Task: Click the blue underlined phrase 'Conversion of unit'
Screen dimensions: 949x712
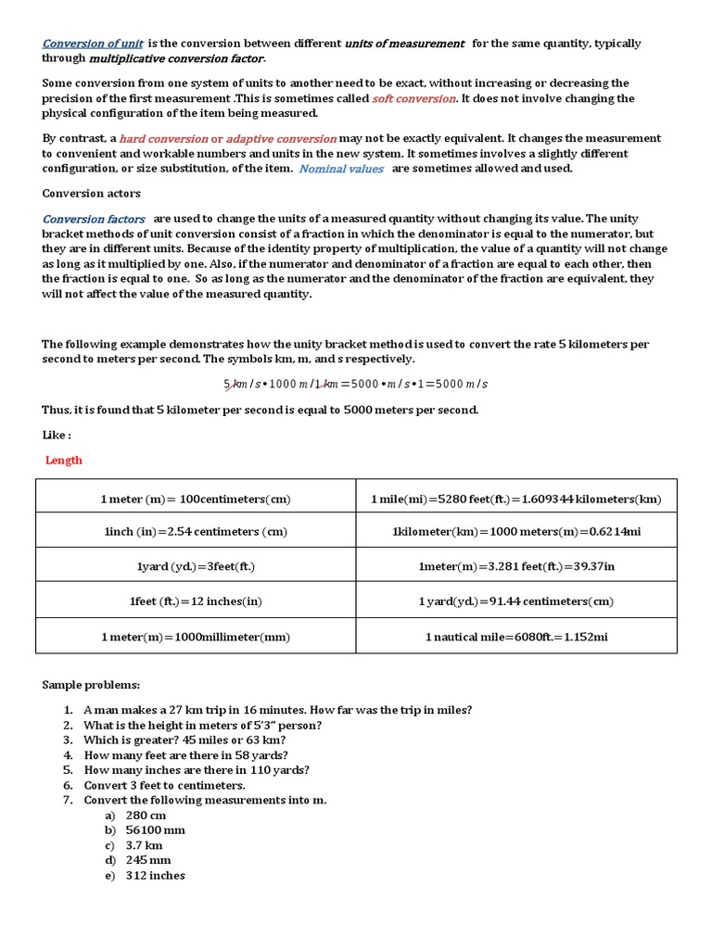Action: pos(93,44)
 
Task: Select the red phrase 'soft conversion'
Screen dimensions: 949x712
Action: pos(413,98)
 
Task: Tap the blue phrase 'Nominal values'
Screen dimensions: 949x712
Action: pos(340,169)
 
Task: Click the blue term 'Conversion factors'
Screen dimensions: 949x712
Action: pos(94,219)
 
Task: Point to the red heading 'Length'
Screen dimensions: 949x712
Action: pos(64,460)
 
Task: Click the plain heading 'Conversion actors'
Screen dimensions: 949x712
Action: pos(91,194)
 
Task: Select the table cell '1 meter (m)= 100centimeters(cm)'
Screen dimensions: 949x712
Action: pos(196,500)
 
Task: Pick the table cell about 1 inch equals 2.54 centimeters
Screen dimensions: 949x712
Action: pos(196,532)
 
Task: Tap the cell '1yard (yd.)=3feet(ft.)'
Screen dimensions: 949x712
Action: pos(196,566)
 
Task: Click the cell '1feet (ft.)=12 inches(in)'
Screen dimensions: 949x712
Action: pos(196,601)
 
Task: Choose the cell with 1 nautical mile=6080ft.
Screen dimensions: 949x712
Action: pos(516,637)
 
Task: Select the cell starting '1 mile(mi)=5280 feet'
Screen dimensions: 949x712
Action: pos(516,500)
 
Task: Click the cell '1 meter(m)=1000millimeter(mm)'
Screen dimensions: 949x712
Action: pos(196,637)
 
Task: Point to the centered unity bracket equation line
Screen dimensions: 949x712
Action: pos(355,384)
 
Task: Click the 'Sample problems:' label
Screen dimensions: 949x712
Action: pos(91,685)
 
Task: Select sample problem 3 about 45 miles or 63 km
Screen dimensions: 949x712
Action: pos(184,740)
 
